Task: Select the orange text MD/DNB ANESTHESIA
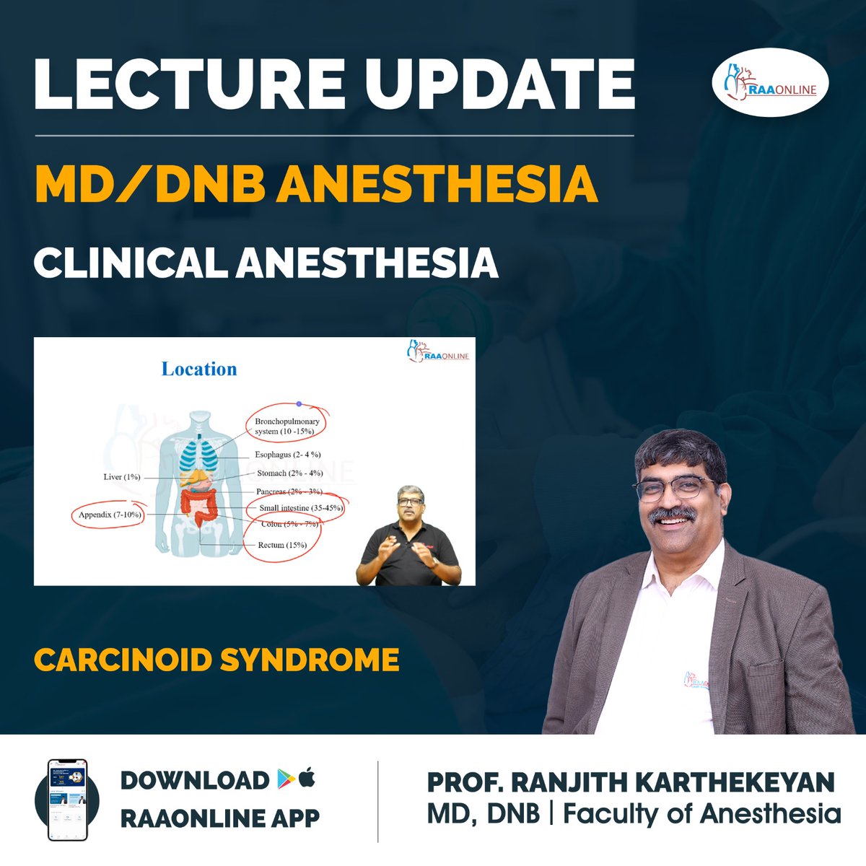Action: (x=316, y=185)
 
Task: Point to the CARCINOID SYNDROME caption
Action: (x=216, y=660)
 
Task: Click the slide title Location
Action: (x=199, y=369)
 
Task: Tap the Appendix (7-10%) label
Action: (x=110, y=515)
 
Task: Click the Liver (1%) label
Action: (x=121, y=477)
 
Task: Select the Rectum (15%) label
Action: (x=282, y=545)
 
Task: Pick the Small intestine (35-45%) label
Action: (x=301, y=508)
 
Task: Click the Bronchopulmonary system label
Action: (x=287, y=426)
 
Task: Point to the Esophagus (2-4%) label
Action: (x=287, y=455)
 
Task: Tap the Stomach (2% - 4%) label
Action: (x=289, y=473)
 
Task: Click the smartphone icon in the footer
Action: (x=66, y=799)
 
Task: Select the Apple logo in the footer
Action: (x=307, y=779)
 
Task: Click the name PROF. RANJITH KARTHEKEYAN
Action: (x=631, y=782)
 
